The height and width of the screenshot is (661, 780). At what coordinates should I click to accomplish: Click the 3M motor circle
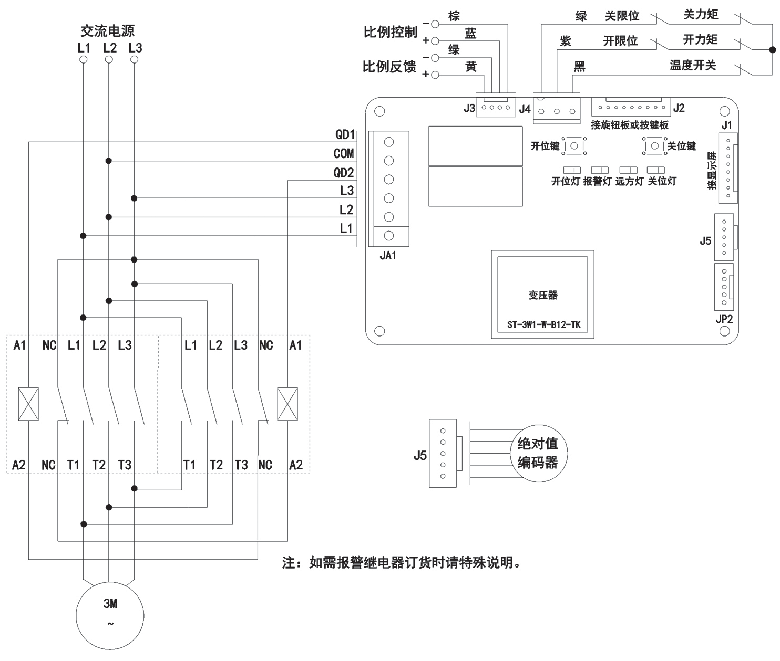(110, 615)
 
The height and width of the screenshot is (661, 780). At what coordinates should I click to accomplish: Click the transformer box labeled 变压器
(543, 295)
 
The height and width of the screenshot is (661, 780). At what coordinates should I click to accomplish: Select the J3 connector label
(469, 109)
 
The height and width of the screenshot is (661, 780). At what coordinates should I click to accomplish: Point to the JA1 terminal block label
(388, 256)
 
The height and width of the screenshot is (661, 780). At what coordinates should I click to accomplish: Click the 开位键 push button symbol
(574, 146)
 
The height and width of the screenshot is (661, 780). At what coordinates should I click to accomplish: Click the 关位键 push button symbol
(654, 145)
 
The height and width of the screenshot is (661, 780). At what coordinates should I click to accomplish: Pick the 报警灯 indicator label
(597, 182)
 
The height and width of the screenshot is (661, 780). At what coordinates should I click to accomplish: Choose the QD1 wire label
(345, 134)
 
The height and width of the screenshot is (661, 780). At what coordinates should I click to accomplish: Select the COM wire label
(344, 154)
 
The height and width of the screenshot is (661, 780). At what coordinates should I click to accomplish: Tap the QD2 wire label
(344, 173)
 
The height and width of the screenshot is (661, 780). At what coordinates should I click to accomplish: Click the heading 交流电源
(108, 31)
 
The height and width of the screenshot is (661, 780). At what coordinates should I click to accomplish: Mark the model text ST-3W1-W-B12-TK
(543, 325)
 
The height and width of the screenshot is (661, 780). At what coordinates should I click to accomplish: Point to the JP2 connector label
(724, 319)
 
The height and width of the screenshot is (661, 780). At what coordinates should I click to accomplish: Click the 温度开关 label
(692, 66)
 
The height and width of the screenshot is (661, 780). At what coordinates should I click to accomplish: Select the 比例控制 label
(390, 32)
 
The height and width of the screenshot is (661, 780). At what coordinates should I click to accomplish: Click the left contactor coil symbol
(28, 404)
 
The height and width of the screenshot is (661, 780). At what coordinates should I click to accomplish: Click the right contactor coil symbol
(287, 404)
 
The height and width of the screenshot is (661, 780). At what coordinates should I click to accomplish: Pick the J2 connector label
(679, 108)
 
